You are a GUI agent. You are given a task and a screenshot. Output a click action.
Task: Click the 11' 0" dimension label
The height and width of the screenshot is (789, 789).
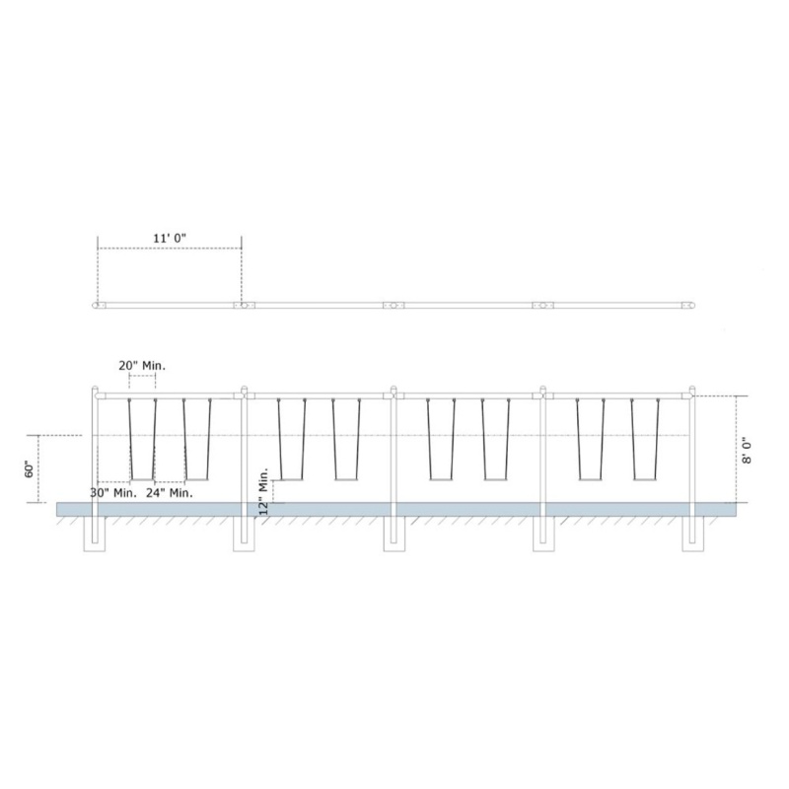170,238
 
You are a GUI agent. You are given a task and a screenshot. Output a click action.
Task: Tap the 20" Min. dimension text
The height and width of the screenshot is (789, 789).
142,366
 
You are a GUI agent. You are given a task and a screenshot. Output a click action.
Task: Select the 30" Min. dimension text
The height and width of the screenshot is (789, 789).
113,492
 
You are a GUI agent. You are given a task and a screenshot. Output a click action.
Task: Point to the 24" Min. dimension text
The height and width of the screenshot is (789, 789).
170,492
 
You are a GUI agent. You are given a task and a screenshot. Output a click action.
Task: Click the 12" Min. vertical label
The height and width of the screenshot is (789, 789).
264,491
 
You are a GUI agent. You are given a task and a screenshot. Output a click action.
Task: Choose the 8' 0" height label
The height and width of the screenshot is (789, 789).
747,450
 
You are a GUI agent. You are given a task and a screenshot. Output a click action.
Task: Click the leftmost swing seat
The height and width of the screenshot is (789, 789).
142,480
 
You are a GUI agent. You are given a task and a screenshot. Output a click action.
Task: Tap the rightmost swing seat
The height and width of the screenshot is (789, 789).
645,480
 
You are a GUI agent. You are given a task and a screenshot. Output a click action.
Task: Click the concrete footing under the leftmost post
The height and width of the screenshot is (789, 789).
95,534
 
